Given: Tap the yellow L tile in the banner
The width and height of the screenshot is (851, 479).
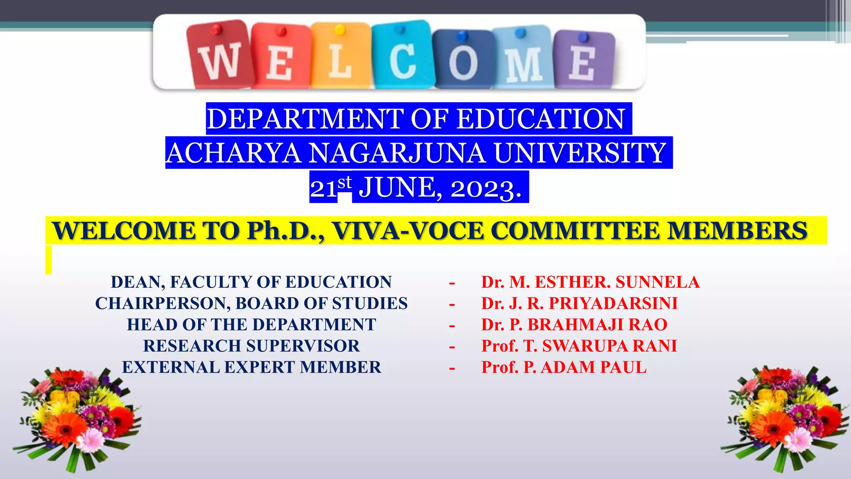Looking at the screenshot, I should point(340,55).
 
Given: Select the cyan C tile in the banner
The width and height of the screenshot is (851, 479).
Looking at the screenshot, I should point(401,55).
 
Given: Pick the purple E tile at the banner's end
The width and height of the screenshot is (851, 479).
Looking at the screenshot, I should point(583,58).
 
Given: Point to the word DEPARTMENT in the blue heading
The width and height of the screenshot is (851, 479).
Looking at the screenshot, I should point(305,119).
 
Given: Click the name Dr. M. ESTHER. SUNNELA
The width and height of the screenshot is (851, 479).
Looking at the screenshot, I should point(590,282).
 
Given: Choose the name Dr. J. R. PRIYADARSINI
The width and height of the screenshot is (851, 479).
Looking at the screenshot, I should point(579,304).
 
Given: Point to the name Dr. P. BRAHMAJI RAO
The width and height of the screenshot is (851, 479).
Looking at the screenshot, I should point(574,325).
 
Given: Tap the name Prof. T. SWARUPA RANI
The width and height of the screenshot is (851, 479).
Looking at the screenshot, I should point(579,346).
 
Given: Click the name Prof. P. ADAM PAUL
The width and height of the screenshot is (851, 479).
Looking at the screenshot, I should point(563,367).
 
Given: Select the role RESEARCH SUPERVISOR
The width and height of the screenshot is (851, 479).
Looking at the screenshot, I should point(251,346).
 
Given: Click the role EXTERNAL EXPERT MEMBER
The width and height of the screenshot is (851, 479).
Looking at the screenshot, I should point(251,367).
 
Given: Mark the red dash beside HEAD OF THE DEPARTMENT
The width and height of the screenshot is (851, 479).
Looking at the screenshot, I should point(452,325).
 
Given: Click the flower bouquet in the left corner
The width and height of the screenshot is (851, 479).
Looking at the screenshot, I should point(77,418).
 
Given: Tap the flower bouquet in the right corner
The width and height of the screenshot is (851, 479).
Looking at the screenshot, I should point(785,418).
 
